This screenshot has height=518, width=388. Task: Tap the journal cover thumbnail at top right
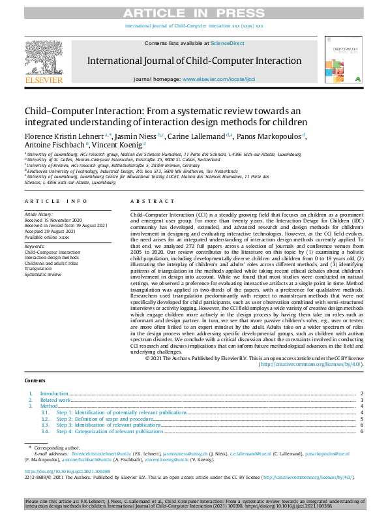pos(343,58)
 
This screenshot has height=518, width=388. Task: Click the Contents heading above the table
pos(35,380)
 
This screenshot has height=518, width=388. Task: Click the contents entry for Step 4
pos(110,432)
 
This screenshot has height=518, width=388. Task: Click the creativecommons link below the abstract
pos(311,364)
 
